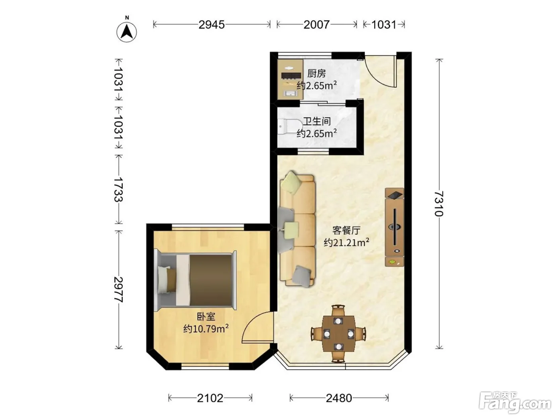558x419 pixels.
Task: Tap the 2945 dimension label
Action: click(x=212, y=25)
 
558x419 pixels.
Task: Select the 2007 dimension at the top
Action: click(x=316, y=25)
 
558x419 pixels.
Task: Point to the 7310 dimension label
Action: click(x=439, y=204)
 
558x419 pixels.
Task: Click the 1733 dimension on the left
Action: click(x=118, y=190)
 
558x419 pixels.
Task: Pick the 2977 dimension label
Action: click(x=118, y=290)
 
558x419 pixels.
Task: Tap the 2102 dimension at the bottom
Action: click(x=210, y=398)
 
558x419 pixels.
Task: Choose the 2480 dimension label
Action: click(x=339, y=398)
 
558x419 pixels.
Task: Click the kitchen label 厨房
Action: click(x=316, y=73)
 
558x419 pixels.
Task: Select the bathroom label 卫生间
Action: click(x=317, y=121)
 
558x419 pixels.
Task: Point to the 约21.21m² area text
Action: click(x=346, y=243)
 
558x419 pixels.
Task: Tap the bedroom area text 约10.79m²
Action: click(x=206, y=328)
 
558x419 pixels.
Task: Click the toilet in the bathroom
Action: click(x=290, y=126)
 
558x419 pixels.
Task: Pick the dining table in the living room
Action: click(x=338, y=334)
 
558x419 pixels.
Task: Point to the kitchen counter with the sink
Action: click(x=290, y=79)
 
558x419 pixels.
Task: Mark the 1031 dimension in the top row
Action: click(x=384, y=25)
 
